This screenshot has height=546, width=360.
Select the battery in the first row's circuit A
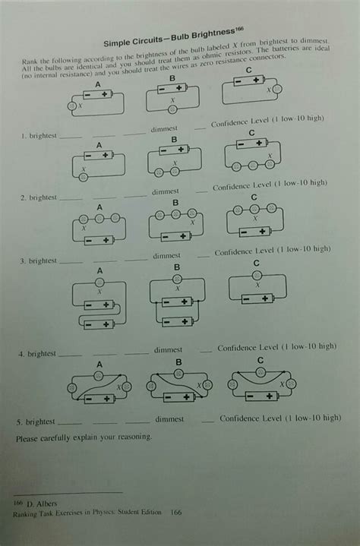(x=97, y=94)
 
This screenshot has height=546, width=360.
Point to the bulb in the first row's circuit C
(x=277, y=89)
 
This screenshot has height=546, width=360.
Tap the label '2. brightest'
(x=39, y=197)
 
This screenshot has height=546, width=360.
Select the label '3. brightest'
(x=39, y=260)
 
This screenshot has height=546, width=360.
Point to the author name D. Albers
(x=33, y=503)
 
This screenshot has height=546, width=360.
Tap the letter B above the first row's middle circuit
(x=172, y=78)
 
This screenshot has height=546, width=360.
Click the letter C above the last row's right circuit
(x=261, y=360)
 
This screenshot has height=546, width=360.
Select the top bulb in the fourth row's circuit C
(x=256, y=274)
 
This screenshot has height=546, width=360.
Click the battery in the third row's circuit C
(x=257, y=298)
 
